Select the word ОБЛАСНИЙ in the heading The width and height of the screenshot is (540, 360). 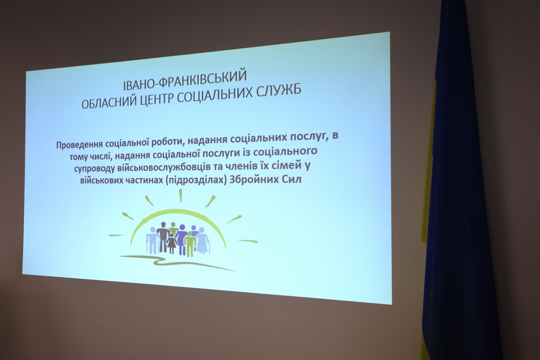pos(110,102)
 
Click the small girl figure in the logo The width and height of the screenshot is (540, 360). pos(171,242)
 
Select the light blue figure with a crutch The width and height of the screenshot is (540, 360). pos(151,239)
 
